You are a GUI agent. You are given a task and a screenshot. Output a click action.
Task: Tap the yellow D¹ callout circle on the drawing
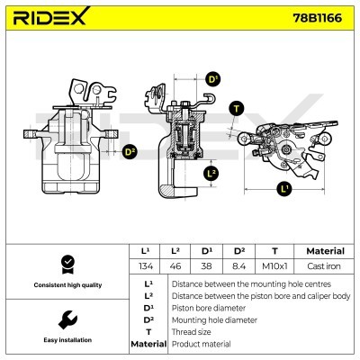point(213,80)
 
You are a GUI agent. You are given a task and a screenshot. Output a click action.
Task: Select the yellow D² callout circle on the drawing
point(130,152)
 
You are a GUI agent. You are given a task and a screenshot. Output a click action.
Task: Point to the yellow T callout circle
point(237,108)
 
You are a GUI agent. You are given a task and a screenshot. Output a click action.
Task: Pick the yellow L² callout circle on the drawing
point(211,173)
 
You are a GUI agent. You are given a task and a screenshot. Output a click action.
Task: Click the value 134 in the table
point(146,266)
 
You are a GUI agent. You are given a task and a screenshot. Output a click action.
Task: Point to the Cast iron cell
point(325,266)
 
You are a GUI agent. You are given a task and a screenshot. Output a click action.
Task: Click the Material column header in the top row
point(325,251)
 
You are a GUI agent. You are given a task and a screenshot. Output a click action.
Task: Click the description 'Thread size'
point(191,331)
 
